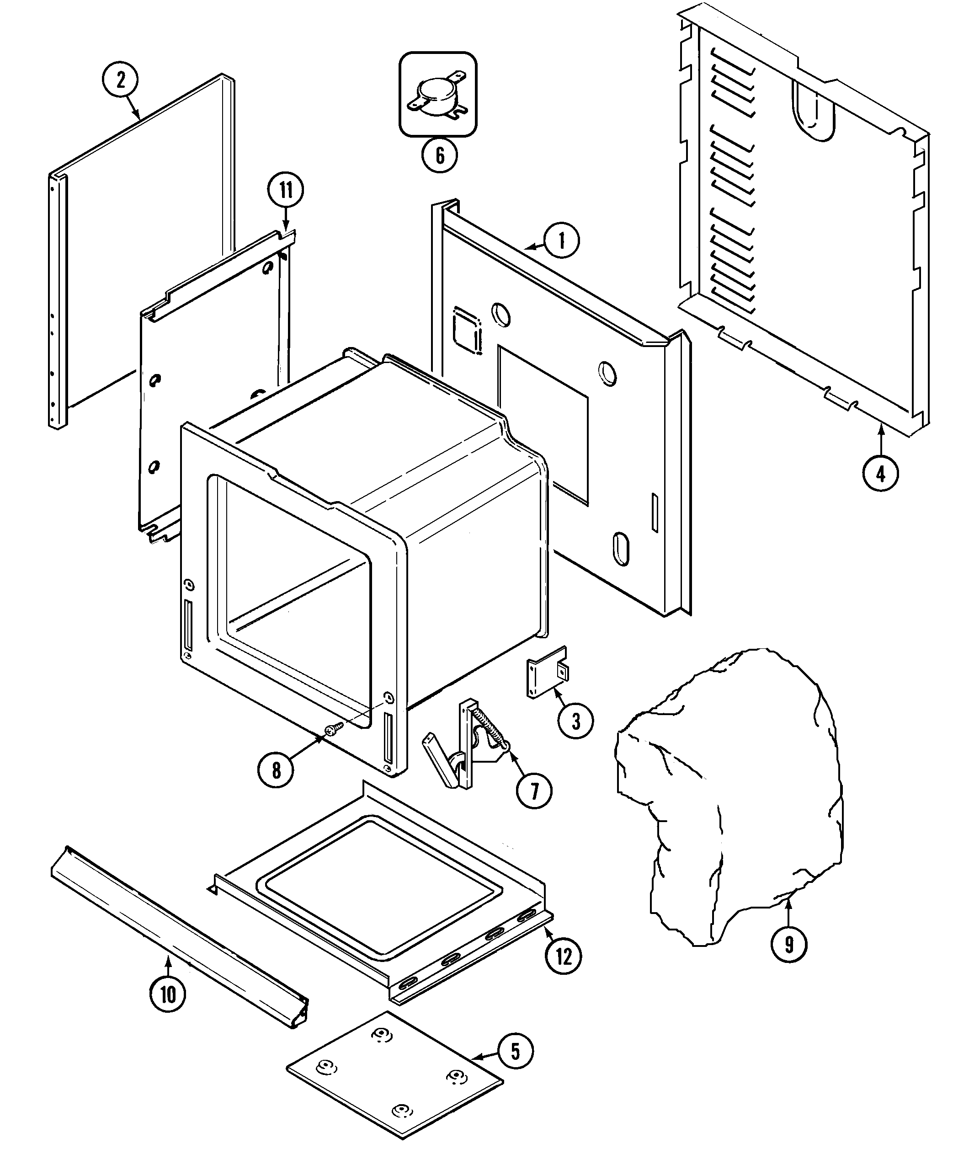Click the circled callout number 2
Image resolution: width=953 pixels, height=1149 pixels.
tap(120, 80)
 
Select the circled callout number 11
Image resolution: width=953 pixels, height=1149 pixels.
tap(286, 190)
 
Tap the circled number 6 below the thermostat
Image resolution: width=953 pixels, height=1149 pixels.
tap(439, 155)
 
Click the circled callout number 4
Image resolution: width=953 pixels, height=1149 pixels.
tap(880, 473)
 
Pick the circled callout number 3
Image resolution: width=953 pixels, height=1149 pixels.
tap(575, 721)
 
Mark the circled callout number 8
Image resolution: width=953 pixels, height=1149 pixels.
tap(276, 771)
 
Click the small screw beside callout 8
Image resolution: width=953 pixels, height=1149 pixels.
tap(333, 728)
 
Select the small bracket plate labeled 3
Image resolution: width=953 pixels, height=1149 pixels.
tap(546, 677)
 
